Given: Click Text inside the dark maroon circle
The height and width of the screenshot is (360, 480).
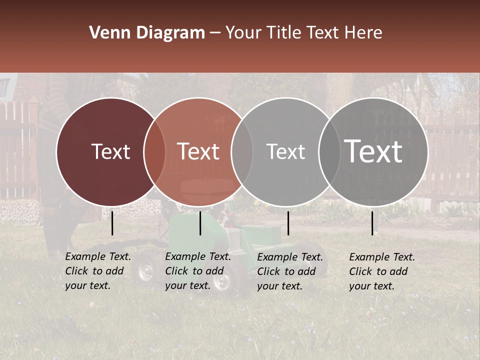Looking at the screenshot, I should click(110, 151).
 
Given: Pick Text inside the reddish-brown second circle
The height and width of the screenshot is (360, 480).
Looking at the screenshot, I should click(198, 151).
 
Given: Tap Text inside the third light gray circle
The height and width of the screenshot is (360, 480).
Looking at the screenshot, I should click(285, 151).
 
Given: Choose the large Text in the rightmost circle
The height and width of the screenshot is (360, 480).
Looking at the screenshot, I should click(373, 151).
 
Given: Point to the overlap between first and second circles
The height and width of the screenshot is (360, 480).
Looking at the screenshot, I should click(154, 151).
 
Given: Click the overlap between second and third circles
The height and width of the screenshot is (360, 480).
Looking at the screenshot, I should click(242, 151).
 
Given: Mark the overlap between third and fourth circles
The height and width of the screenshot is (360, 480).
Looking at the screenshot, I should click(329, 151).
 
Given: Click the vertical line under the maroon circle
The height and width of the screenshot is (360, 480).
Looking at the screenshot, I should click(112, 223).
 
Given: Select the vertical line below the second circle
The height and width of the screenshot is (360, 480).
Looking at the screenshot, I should click(200, 223).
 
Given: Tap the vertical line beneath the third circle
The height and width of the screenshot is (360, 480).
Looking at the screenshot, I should click(288, 223).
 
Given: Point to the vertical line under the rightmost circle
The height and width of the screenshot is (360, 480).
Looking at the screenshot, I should click(372, 223).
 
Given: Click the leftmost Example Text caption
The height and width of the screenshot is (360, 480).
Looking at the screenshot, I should click(98, 271).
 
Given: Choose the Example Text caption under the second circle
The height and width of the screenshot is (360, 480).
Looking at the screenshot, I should click(198, 271).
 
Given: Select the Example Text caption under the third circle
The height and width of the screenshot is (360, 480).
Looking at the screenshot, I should click(290, 271).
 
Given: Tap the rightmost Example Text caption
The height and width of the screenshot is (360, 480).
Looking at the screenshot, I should click(382, 271).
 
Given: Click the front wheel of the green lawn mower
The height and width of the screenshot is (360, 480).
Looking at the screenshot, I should click(145, 270).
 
